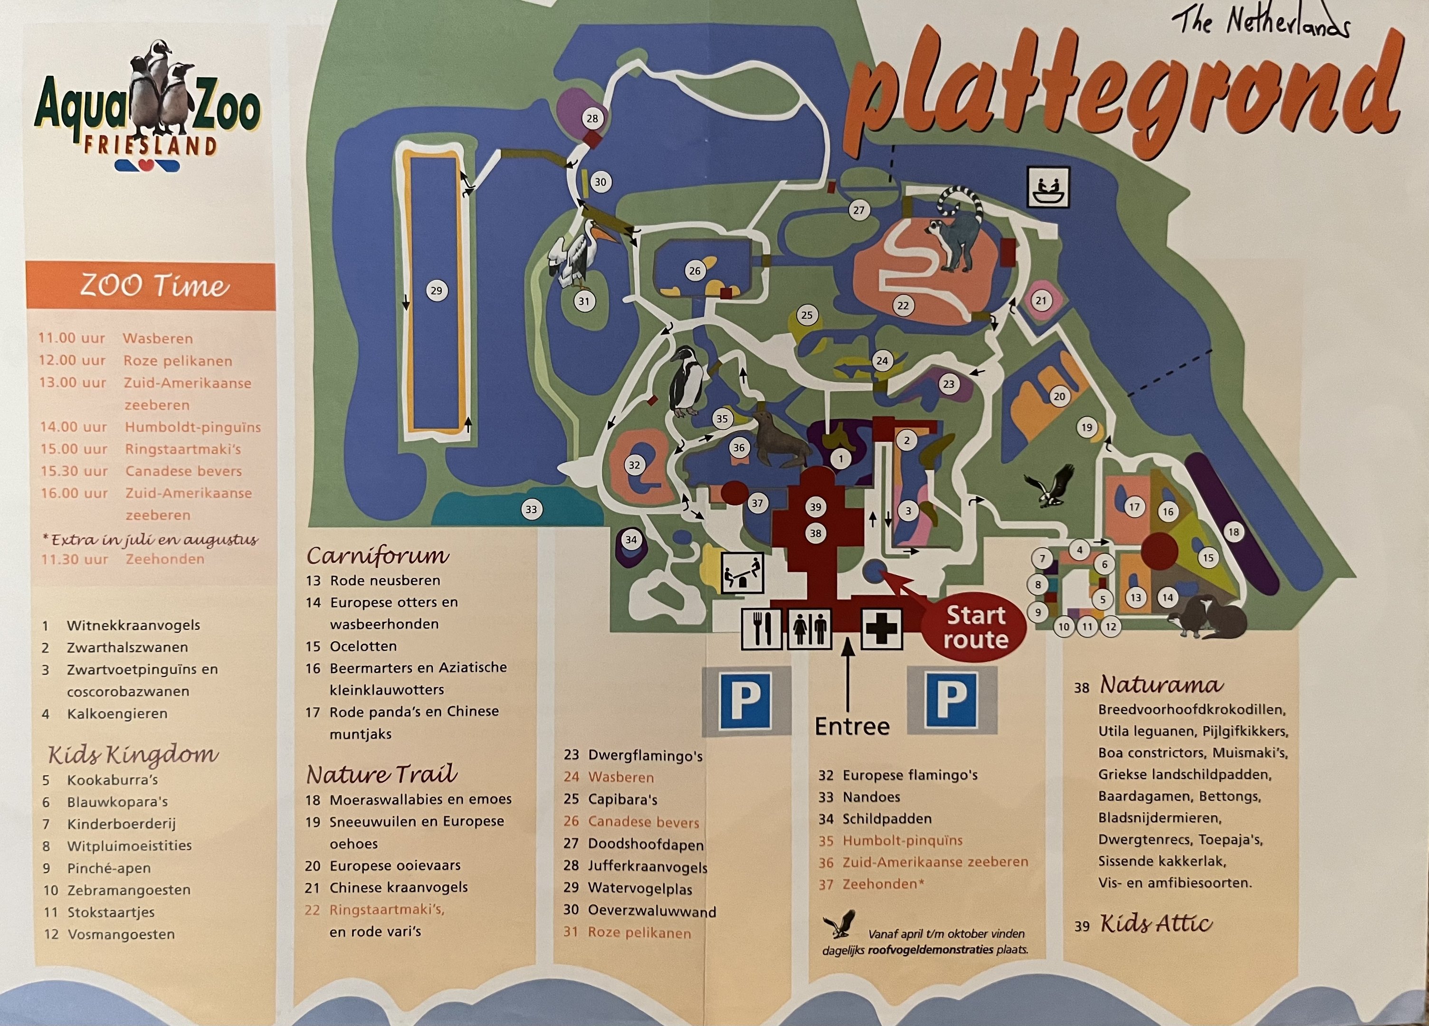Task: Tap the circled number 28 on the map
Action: click(x=592, y=118)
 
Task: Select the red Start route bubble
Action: click(x=975, y=627)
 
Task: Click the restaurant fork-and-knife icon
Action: click(x=761, y=628)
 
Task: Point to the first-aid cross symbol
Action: click(x=881, y=628)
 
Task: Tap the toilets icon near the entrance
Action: click(x=809, y=628)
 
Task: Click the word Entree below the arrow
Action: click(x=852, y=726)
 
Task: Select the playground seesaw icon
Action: click(x=742, y=572)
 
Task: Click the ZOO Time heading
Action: click(x=154, y=286)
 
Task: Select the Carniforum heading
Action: click(x=377, y=556)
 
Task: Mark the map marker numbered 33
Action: click(x=531, y=510)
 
